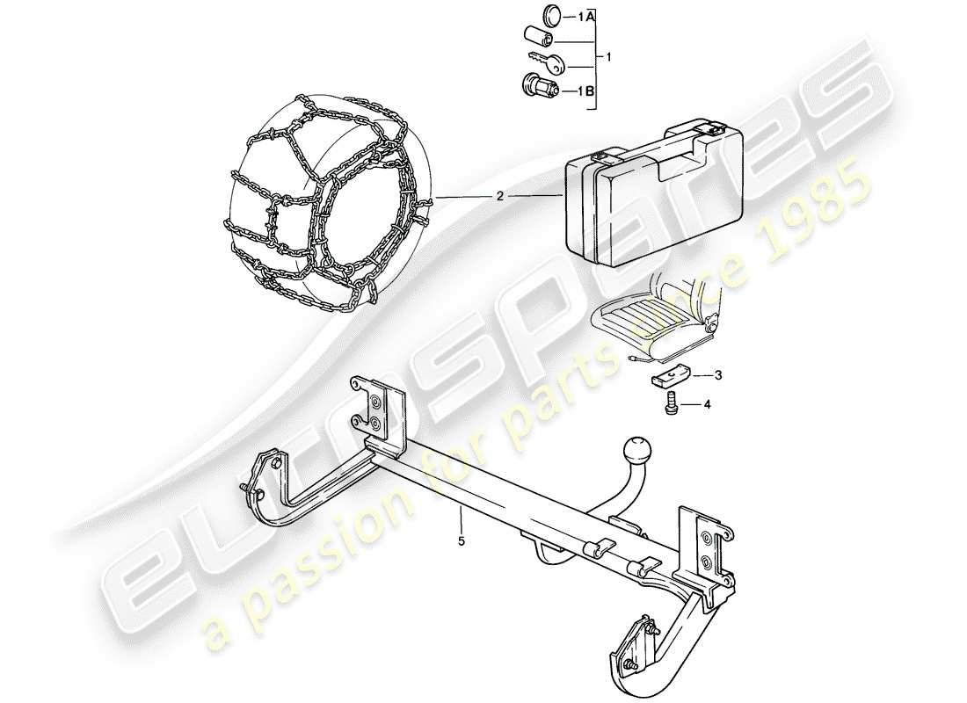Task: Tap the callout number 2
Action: (x=499, y=196)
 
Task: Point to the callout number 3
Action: (x=718, y=375)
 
